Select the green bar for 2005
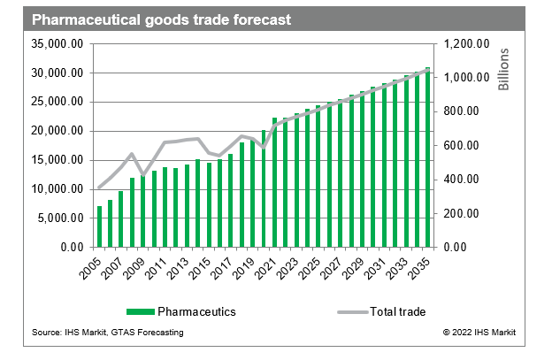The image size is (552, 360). point(100,226)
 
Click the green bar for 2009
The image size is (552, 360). point(143,212)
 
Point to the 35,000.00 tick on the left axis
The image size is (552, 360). point(58,43)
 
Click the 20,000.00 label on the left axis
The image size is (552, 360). point(58,131)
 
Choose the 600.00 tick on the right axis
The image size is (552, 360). point(466,145)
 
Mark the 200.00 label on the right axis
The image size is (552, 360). point(466,213)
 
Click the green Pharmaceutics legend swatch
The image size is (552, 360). point(140,311)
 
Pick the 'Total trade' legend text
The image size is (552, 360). point(398,311)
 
